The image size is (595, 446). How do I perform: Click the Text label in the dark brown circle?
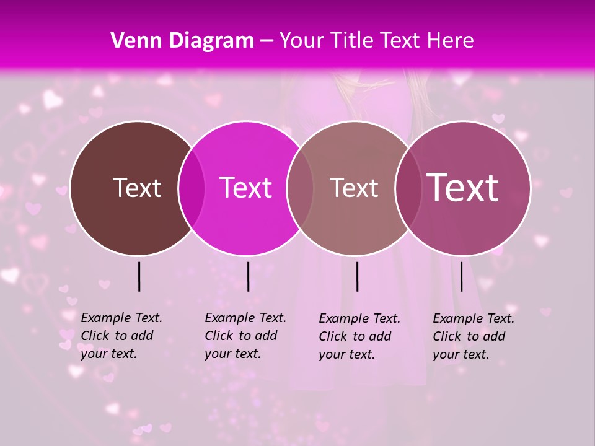[137, 188]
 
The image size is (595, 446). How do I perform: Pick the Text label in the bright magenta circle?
[245, 188]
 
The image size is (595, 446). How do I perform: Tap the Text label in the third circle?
[354, 188]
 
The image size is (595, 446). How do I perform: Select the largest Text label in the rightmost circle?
[463, 187]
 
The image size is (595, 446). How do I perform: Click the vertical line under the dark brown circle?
[139, 276]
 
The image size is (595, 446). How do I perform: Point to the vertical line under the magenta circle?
[248, 276]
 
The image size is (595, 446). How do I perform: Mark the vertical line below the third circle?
[357, 276]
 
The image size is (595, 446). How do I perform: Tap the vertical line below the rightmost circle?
[461, 276]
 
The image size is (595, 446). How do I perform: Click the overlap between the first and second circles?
[192, 188]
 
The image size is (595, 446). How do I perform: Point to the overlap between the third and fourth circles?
[407, 188]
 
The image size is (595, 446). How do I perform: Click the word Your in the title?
[301, 41]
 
